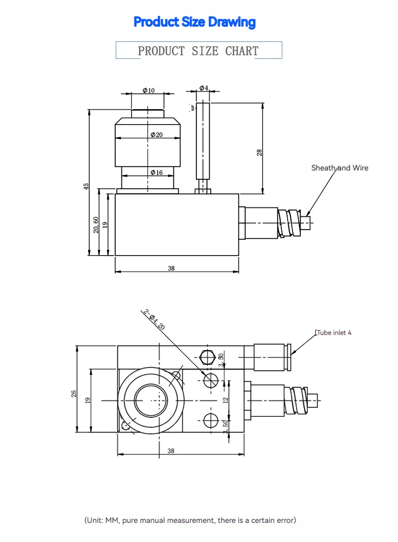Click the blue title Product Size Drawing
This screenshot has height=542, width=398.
point(194,22)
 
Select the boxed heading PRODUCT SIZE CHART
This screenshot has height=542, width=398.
point(198,51)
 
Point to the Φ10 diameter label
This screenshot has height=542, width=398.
point(148,90)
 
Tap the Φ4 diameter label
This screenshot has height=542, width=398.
point(204,88)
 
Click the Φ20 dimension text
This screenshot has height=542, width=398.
point(156,135)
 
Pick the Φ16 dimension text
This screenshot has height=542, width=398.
point(156,172)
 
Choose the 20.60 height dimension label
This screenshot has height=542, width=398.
point(96,224)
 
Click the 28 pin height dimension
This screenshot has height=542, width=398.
point(259,152)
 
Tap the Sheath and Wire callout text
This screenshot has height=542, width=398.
point(339,168)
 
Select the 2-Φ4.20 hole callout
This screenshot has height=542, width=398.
point(154,319)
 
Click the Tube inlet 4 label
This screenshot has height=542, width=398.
point(334,333)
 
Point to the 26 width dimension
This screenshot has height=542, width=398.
point(74,393)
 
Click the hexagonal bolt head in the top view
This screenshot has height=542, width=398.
point(207,356)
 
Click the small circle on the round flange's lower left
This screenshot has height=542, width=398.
point(125,425)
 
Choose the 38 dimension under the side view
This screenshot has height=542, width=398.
point(171,268)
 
